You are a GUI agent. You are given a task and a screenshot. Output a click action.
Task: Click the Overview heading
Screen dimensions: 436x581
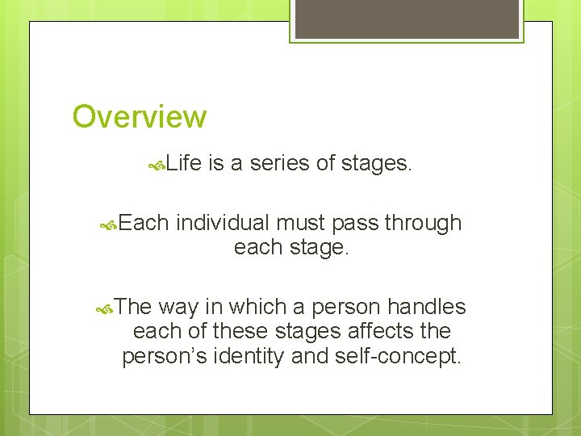[140, 117]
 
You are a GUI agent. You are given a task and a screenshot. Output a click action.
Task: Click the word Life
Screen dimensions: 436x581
[185, 165]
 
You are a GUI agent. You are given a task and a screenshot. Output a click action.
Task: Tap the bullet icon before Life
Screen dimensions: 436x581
[158, 166]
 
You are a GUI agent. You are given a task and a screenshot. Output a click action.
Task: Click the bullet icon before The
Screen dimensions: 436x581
[104, 308]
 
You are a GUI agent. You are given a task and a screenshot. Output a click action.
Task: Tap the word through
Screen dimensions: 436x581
[424, 223]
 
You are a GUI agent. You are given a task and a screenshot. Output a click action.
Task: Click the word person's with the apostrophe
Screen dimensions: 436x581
[165, 356]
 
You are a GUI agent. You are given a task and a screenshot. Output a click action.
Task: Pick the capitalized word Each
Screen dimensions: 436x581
[144, 223]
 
